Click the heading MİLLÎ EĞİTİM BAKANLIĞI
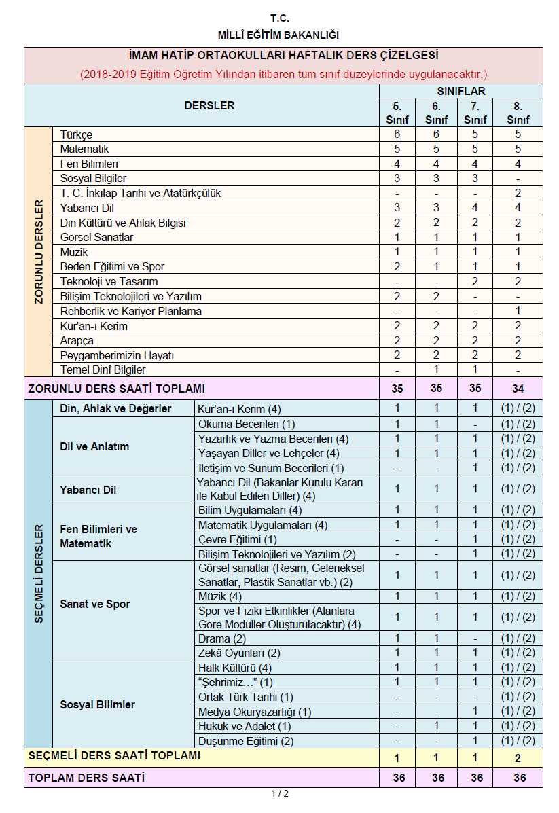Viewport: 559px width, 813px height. (278, 35)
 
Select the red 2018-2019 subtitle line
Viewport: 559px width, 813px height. (283, 73)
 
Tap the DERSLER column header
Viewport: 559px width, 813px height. (209, 105)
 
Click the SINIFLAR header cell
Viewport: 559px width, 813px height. (461, 91)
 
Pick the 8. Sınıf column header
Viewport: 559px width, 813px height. (520, 113)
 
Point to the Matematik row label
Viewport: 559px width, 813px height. (84, 149)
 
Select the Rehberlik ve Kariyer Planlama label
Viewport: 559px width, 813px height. (130, 311)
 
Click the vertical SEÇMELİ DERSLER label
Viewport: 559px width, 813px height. (39, 574)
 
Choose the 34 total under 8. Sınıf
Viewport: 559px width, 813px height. (520, 389)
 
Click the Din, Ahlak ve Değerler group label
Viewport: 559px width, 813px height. (115, 409)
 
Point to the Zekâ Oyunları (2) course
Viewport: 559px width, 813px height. (230, 653)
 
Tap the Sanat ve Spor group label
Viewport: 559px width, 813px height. (95, 604)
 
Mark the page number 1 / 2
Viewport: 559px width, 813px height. (280, 794)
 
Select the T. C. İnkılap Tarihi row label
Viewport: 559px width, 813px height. (140, 193)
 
